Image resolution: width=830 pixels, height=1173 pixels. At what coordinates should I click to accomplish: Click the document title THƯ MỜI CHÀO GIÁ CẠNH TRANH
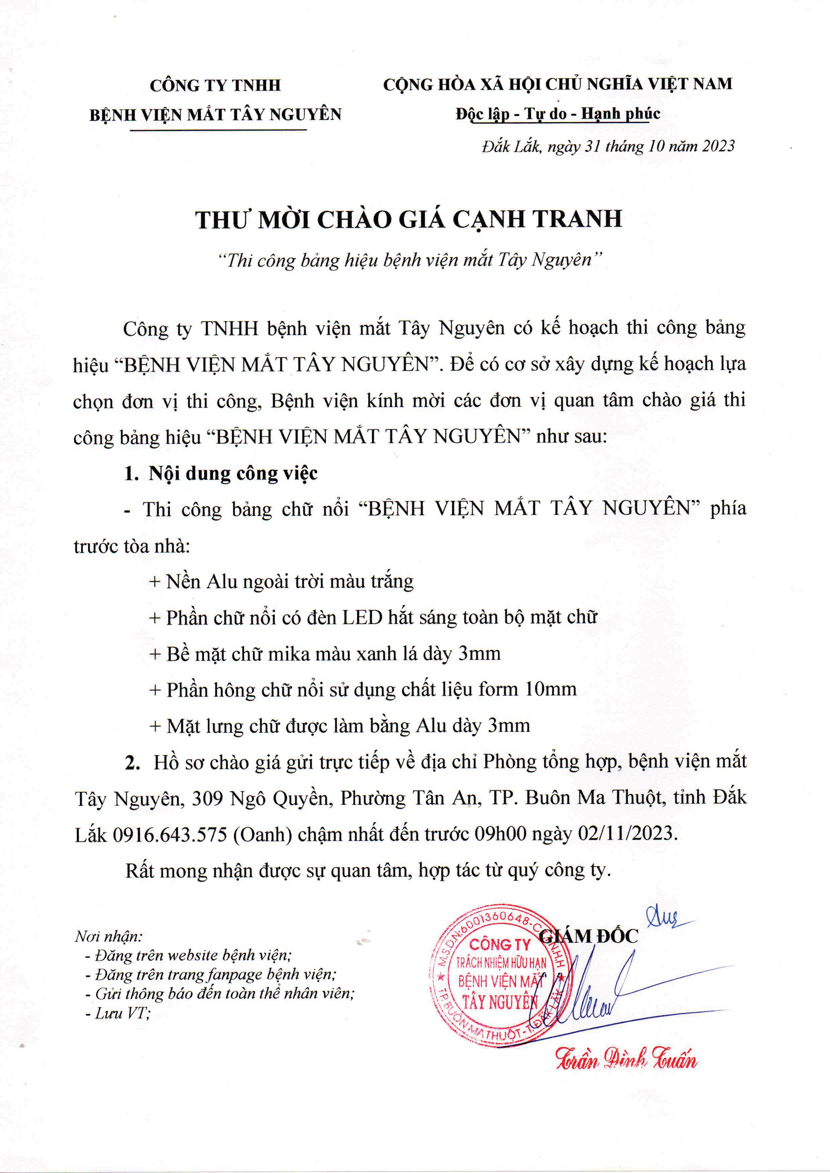(x=409, y=220)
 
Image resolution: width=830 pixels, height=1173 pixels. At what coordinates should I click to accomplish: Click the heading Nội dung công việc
(x=233, y=474)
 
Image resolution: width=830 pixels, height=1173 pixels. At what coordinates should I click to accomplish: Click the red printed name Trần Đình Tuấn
(x=626, y=1061)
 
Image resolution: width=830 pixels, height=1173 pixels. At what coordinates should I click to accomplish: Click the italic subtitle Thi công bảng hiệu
(x=409, y=260)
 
